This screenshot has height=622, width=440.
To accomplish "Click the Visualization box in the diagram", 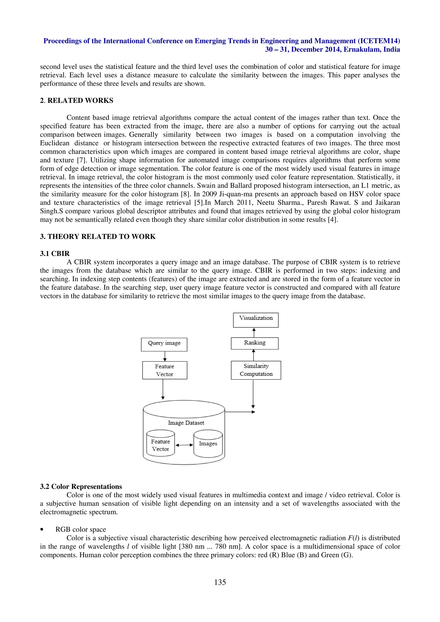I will pos(256,320).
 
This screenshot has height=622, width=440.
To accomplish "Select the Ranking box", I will pos(255,343).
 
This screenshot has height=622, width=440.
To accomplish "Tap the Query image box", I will pos(164,344).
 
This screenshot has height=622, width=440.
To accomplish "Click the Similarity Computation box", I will pos(256,370).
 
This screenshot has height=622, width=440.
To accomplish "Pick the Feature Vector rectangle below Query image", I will pos(165,370).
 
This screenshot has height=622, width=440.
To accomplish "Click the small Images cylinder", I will pos(208,443).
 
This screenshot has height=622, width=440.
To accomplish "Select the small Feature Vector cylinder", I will pos(160,445).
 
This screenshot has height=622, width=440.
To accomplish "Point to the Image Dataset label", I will pos(186,423).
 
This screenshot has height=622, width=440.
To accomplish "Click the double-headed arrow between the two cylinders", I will pos(184,445).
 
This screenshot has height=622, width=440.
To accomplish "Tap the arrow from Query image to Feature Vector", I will pos(165,356).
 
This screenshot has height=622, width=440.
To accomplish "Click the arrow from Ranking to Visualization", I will pos(254,332).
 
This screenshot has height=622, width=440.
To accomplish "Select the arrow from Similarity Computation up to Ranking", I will pos(254,355).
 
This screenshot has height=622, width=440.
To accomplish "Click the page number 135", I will pos(220,582).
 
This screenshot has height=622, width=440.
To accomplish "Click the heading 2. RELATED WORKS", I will pos(76,100).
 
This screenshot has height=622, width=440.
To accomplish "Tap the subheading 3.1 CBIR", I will pos(55,253).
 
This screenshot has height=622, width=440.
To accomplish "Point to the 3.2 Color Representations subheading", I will pos(81,487).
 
